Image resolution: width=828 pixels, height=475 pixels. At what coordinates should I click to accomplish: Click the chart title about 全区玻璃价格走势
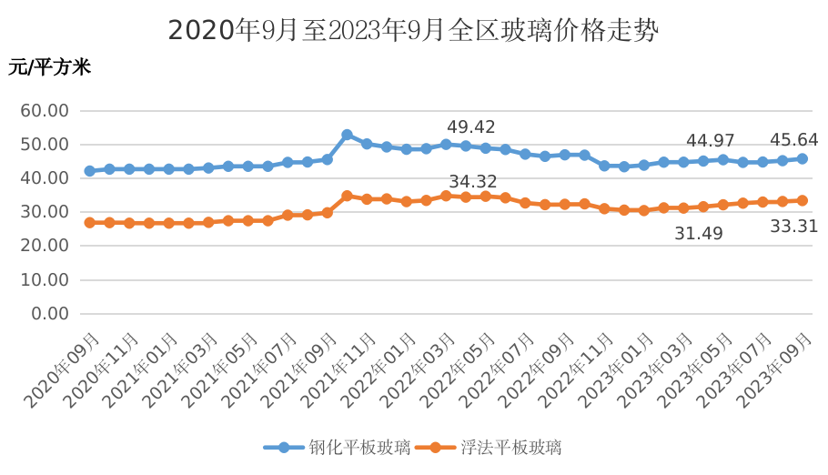413,30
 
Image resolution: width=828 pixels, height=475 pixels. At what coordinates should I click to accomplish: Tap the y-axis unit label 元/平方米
50,67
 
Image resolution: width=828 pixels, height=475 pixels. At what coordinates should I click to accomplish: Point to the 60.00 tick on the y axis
50,111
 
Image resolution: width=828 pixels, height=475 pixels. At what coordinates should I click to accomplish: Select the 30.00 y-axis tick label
50,212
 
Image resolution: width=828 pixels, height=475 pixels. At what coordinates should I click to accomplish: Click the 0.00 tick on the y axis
50,313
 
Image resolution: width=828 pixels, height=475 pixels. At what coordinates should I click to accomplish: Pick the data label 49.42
470,126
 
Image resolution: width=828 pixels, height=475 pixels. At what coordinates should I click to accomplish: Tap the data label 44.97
710,141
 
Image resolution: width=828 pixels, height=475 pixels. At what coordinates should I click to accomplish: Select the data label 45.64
793,140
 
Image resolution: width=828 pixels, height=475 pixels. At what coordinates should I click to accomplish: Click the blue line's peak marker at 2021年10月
347,135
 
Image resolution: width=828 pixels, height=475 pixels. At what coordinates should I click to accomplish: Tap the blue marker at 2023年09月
802,159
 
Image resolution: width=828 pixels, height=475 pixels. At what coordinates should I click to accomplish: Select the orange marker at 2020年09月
89,222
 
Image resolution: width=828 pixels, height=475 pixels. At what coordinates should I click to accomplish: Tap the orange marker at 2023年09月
802,200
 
